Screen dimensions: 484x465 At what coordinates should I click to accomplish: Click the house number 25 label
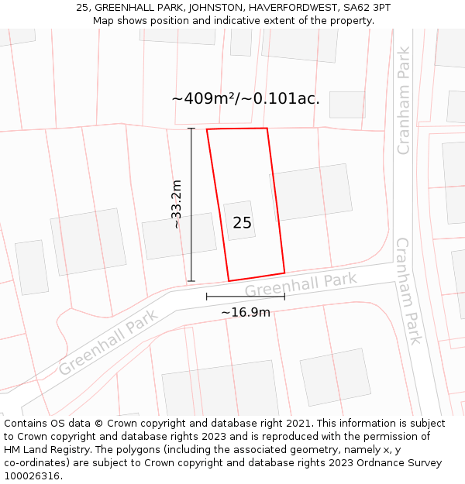(x=242, y=223)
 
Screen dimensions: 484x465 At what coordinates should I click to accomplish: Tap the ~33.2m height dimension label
(x=176, y=204)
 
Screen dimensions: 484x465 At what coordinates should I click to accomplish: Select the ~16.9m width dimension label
(x=246, y=312)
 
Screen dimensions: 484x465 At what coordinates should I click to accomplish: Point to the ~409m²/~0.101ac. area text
(x=246, y=98)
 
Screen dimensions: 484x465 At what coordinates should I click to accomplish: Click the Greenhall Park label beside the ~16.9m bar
(x=301, y=285)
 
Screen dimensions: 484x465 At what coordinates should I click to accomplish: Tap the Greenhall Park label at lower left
(x=108, y=342)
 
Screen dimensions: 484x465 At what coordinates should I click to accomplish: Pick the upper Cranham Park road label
(x=403, y=101)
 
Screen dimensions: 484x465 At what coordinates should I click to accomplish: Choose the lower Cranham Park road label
(x=408, y=290)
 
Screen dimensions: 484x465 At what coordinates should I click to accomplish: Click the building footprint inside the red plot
(x=239, y=221)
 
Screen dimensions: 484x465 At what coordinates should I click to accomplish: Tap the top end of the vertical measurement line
(x=191, y=128)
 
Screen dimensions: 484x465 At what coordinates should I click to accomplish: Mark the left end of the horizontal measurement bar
(x=207, y=296)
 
